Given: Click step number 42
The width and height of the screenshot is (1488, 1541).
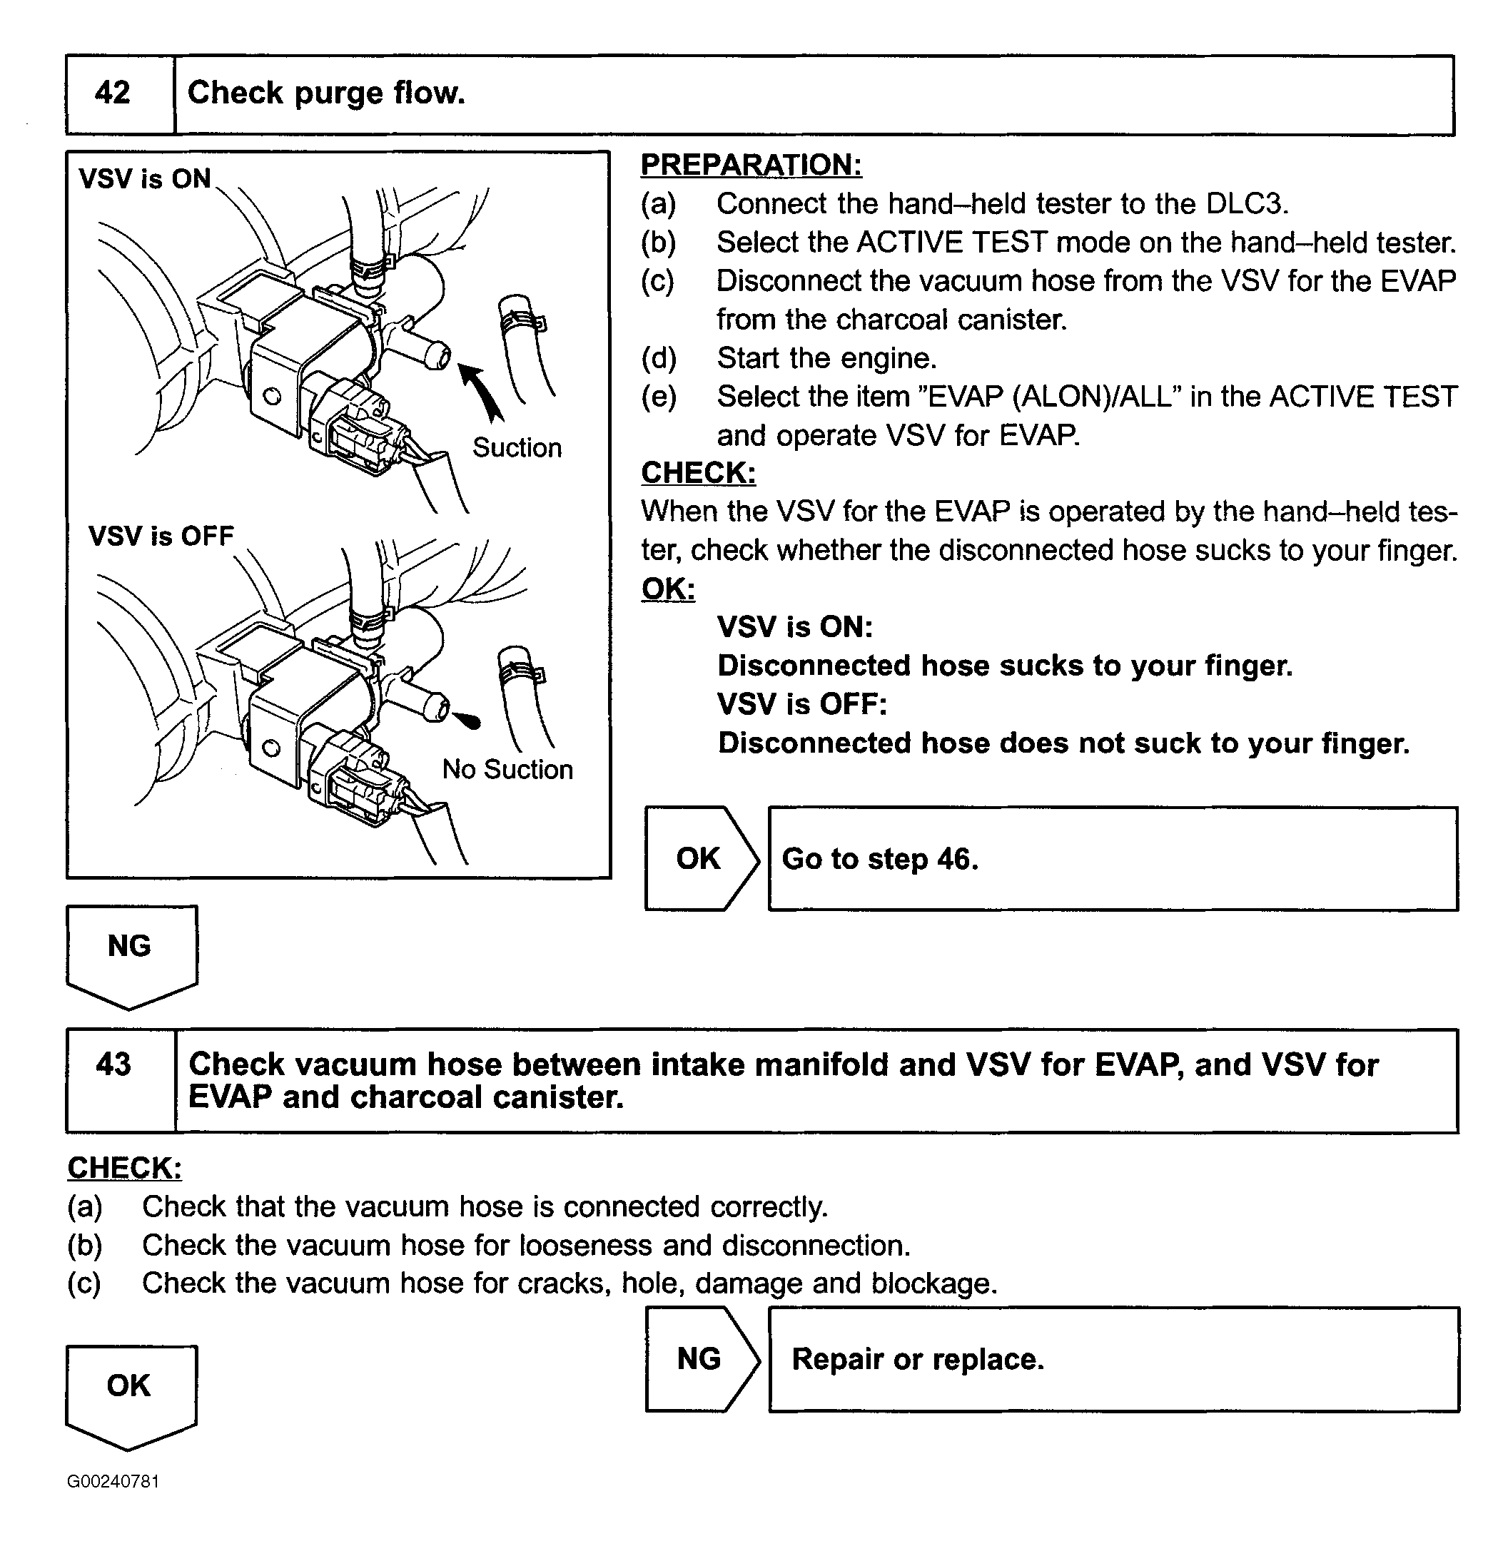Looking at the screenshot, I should pyautogui.click(x=113, y=93).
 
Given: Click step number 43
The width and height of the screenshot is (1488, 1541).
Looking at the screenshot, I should pyautogui.click(x=113, y=1064).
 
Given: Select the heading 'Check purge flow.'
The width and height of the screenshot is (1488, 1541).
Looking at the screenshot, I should pyautogui.click(x=326, y=93).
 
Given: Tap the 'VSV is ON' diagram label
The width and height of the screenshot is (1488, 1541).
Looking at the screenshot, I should pyautogui.click(x=145, y=179).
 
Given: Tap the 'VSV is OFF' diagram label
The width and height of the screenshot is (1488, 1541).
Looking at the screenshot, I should pyautogui.click(x=161, y=536).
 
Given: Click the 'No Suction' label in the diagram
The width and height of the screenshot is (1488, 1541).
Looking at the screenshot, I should pyautogui.click(x=507, y=769).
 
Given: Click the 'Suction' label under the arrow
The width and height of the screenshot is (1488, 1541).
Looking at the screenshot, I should pyautogui.click(x=517, y=447).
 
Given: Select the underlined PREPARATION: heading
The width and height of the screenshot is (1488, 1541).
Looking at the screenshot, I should pyautogui.click(x=751, y=165).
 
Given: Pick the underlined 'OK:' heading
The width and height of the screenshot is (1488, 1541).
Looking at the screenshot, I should pyautogui.click(x=668, y=589).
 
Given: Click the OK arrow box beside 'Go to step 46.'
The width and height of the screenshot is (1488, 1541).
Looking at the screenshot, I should pyautogui.click(x=699, y=858).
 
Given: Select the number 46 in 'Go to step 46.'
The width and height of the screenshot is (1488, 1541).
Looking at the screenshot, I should pyautogui.click(x=954, y=860).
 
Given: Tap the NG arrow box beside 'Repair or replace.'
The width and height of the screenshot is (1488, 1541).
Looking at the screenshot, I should pyautogui.click(x=699, y=1359).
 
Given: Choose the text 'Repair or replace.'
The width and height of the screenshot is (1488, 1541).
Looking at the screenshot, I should pyautogui.click(x=918, y=1359).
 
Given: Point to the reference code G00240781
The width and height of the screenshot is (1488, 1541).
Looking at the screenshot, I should pyautogui.click(x=113, y=1482).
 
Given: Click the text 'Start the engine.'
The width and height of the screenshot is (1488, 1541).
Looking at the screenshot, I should pyautogui.click(x=826, y=359).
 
